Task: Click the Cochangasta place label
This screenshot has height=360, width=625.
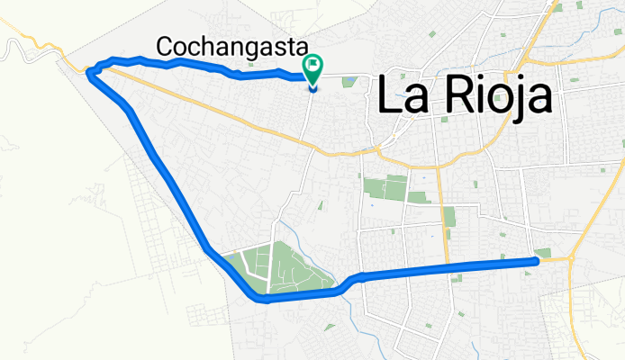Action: [x=232, y=46]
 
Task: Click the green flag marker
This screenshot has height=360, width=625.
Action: [x=313, y=66]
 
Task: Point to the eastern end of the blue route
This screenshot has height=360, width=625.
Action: [x=537, y=261]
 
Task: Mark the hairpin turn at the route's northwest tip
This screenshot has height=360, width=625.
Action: [x=89, y=72]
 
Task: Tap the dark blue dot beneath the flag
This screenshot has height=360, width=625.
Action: [x=313, y=86]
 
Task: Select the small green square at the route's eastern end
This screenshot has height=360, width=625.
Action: [x=543, y=253]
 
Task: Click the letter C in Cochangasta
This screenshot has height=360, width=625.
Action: [x=166, y=46]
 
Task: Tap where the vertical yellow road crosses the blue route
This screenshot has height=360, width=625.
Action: [x=444, y=266]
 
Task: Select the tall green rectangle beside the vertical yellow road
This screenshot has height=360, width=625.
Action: [x=448, y=217]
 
